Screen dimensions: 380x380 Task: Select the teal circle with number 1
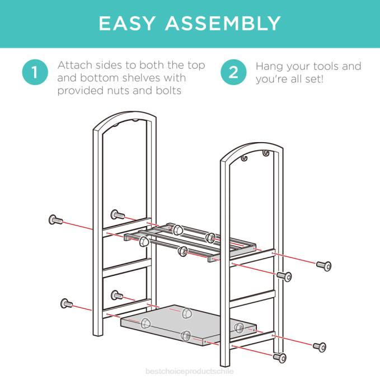[35, 73]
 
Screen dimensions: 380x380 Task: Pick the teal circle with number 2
[233, 73]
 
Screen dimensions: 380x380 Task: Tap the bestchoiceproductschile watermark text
[189, 371]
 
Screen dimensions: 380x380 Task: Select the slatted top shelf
[190, 241]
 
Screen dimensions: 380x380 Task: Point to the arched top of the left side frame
[124, 119]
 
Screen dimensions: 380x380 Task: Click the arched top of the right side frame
[251, 150]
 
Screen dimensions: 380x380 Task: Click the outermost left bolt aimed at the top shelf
[55, 219]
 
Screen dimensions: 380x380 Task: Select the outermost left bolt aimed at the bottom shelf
[66, 304]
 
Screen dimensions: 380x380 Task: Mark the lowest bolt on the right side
[279, 356]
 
